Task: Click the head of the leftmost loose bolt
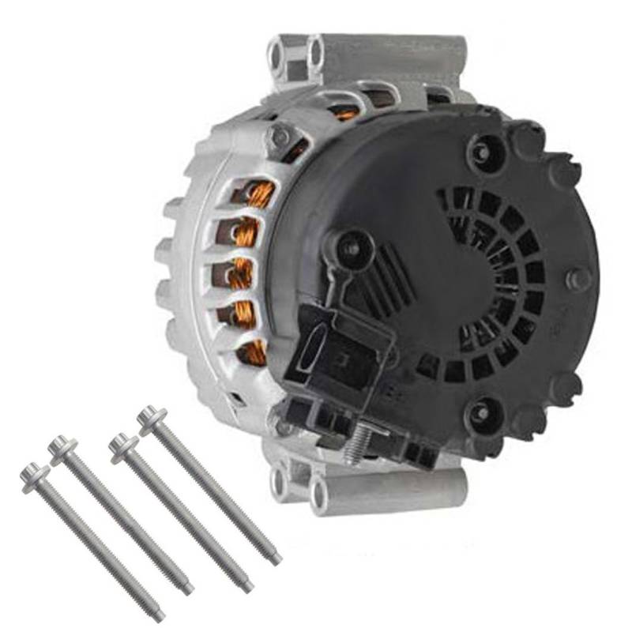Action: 34,473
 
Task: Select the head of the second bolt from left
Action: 61,446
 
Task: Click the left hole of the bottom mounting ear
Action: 278,477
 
